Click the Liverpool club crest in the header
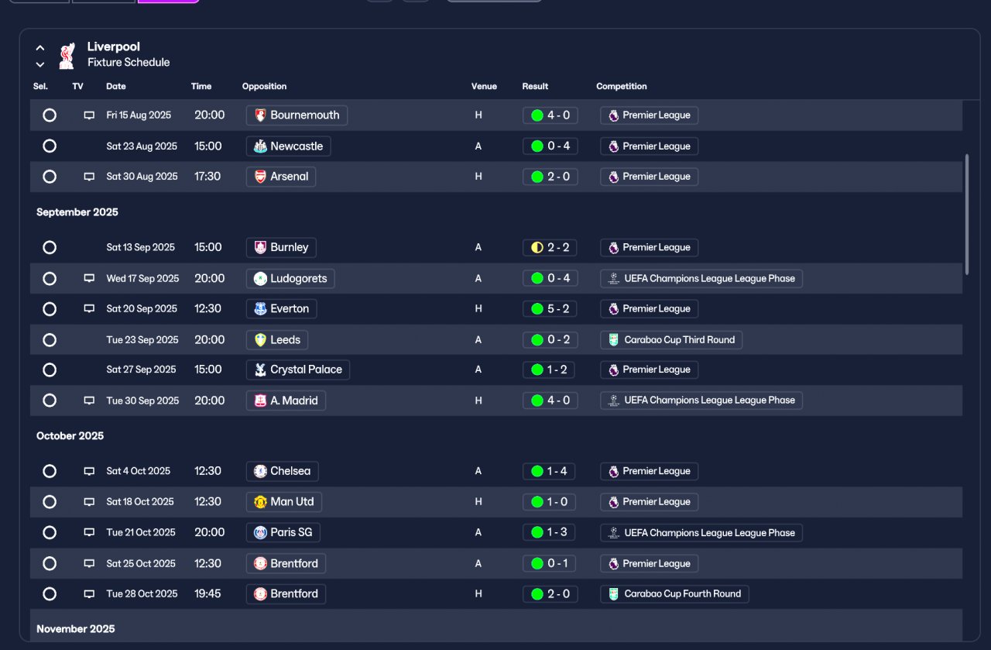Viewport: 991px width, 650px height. coord(67,55)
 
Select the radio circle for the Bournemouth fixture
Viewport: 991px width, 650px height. coord(50,115)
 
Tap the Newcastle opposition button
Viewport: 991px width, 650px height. coord(289,146)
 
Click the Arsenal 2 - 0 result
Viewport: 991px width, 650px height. coord(550,177)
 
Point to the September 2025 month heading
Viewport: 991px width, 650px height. coord(77,212)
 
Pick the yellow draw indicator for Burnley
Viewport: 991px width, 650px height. coord(537,247)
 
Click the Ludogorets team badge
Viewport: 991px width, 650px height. coord(260,278)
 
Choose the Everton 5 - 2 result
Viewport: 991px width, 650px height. coord(550,308)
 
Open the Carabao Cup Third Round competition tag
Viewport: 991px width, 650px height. coord(671,340)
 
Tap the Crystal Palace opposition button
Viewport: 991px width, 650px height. coord(298,370)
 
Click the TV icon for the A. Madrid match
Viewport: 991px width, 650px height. coord(89,401)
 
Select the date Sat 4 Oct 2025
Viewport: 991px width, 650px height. coord(139,471)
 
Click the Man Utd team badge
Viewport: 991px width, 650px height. coord(260,502)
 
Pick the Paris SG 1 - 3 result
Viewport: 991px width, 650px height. coord(549,532)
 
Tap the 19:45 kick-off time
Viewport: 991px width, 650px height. coord(207,593)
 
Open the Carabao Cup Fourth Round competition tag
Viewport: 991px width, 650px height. coord(674,594)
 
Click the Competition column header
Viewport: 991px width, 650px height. coord(622,86)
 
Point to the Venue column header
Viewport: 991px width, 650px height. coord(484,86)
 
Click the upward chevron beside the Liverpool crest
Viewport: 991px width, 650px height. coord(39,48)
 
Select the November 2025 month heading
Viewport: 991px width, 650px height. coord(76,629)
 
